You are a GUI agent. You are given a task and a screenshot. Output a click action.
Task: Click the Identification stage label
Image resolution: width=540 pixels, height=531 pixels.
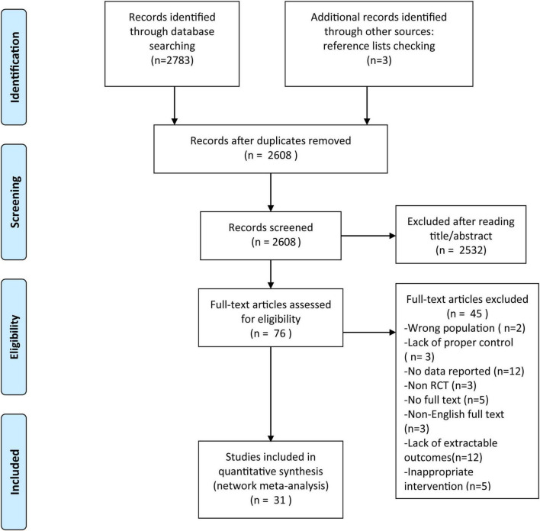[x=14, y=67]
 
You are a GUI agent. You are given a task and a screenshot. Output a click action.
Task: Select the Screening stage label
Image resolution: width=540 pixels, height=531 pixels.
[x=14, y=201]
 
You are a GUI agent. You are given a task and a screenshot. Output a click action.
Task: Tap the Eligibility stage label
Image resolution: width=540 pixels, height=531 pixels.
[x=14, y=337]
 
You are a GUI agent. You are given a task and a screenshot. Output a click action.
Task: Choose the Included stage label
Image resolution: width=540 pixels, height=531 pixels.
[x=14, y=472]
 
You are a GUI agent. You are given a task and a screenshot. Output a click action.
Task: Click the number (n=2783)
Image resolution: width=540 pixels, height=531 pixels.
[x=172, y=60]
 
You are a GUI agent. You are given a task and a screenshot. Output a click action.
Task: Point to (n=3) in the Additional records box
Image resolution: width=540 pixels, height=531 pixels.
[x=379, y=60]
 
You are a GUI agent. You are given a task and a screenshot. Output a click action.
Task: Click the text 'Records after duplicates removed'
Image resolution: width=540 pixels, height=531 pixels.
[x=271, y=140]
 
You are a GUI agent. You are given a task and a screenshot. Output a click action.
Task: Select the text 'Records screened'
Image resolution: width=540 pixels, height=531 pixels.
[x=271, y=227]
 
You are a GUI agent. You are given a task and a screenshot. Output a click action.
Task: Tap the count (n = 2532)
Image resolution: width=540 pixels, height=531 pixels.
[x=461, y=250]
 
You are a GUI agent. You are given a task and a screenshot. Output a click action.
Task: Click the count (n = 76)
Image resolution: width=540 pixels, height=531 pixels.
[x=271, y=333]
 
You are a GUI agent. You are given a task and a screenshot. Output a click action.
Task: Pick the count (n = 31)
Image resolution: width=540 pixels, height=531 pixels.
[x=271, y=500]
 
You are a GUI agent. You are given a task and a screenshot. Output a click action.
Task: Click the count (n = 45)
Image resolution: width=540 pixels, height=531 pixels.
[x=467, y=314]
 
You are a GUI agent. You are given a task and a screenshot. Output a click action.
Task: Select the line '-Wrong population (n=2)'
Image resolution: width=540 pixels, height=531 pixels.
[x=464, y=328]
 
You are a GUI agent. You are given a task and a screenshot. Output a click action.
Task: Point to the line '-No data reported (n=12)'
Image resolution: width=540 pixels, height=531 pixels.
[x=464, y=371]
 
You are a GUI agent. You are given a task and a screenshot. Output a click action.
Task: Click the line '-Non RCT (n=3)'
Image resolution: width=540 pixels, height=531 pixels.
[x=440, y=385]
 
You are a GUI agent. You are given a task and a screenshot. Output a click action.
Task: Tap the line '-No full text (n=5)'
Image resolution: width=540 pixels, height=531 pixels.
[x=446, y=400]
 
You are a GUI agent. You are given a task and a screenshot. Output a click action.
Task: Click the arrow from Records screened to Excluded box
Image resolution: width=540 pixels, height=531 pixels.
[x=368, y=236]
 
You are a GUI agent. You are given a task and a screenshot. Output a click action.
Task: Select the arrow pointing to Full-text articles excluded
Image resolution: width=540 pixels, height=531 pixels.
[x=369, y=333]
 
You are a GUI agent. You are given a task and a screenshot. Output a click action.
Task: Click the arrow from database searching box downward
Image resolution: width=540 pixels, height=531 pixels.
[x=175, y=105]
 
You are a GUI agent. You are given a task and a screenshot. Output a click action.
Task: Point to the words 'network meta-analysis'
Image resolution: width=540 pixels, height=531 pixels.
[x=271, y=485]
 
